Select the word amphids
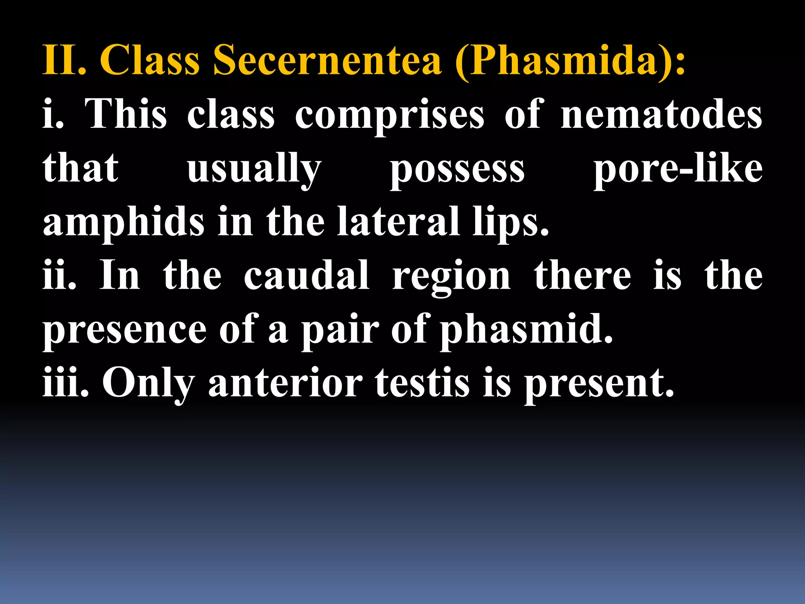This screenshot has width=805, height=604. [x=123, y=223]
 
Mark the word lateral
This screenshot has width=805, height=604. [x=398, y=222]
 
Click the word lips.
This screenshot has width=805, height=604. [x=510, y=223]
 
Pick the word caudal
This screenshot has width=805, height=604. [x=306, y=276]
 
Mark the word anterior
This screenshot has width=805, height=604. [x=285, y=383]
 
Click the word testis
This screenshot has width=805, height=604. [x=422, y=383]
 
